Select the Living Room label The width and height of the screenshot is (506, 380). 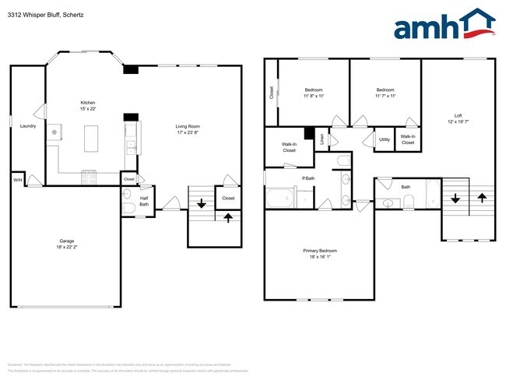click(x=188, y=129)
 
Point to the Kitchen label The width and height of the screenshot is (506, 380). click(x=89, y=107)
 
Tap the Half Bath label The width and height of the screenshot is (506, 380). click(x=143, y=202)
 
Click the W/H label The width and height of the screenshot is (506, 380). click(x=17, y=181)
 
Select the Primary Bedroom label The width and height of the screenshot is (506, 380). click(x=320, y=253)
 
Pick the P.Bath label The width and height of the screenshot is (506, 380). click(x=308, y=179)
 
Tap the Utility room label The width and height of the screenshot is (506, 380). click(x=384, y=139)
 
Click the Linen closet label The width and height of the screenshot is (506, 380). click(x=322, y=139)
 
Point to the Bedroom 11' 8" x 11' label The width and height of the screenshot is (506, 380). click(x=314, y=93)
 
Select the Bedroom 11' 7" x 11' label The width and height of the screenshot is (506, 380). click(x=385, y=93)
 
